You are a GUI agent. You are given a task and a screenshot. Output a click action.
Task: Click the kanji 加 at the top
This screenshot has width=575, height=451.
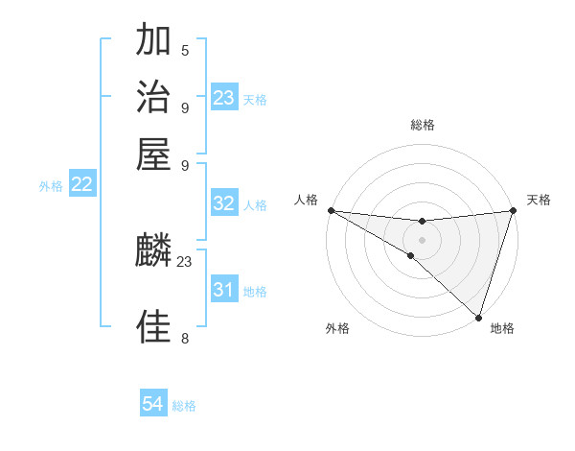coord(153,41)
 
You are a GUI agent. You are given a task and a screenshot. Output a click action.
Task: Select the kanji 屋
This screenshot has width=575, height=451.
coord(153,153)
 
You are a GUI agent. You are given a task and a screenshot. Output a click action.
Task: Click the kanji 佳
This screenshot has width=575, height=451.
coord(153,327)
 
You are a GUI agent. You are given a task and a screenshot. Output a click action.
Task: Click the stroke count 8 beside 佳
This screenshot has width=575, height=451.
coord(185,338)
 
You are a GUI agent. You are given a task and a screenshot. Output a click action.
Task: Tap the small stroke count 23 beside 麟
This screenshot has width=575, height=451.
coord(185,261)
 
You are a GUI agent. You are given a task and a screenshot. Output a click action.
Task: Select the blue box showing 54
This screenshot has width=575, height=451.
coord(153,404)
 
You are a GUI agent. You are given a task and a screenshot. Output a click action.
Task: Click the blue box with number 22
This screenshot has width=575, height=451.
coord(81,184)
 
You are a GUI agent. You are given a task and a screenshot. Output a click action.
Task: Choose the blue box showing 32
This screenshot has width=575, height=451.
coord(223,203)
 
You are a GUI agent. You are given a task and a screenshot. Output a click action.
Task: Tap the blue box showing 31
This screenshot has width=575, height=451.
coord(223,289)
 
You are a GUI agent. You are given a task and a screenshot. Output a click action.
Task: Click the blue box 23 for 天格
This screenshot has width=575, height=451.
coord(223,98)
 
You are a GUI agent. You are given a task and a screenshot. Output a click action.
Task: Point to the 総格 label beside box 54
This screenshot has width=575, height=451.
coord(184,406)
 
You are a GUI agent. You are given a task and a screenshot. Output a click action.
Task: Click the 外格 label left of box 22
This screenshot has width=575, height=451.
coord(51,186)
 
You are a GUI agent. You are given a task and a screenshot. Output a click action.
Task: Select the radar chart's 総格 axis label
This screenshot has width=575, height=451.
coord(422,125)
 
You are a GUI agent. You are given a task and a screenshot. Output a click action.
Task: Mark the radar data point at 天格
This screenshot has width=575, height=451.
coord(513,210)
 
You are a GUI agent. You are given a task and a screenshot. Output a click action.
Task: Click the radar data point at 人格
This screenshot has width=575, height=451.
coord(331,210)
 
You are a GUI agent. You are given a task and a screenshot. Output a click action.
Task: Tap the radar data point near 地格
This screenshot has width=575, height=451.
coord(478,317)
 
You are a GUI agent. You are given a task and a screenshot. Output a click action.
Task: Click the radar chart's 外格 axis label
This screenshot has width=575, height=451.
coord(337,329)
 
